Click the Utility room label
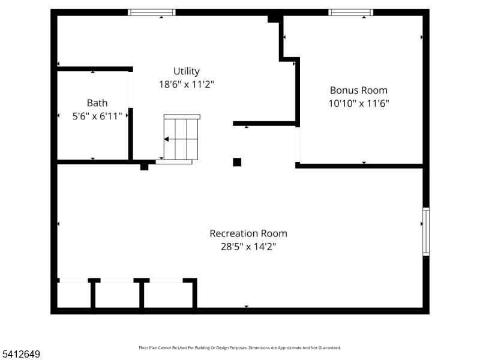(187, 71)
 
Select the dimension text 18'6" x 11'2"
(187, 85)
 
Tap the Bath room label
(97, 103)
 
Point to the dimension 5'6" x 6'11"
(97, 116)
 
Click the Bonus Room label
(359, 90)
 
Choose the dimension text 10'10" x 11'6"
(359, 103)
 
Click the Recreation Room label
(248, 233)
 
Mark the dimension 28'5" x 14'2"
(248, 246)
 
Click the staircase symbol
(181, 139)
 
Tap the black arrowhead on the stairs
(167, 139)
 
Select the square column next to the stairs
(237, 162)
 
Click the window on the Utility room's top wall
(152, 12)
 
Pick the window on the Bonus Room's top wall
(351, 12)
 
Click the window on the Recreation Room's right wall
(426, 231)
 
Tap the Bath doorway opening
(130, 90)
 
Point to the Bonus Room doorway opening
(298, 144)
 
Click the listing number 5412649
(21, 355)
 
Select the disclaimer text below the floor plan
(240, 347)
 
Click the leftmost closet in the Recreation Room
(74, 295)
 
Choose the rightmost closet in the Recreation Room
(169, 295)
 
